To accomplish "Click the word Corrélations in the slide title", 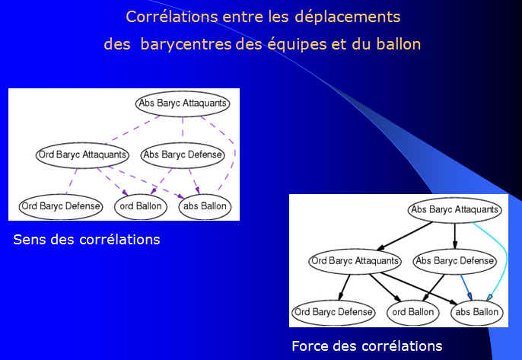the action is [x=171, y=17].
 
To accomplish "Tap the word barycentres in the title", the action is [x=186, y=44].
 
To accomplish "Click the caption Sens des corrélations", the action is [x=87, y=240].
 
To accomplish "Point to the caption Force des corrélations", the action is [x=367, y=346].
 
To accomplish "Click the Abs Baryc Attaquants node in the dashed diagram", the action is [x=183, y=104].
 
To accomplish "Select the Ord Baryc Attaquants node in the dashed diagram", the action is [x=82, y=155].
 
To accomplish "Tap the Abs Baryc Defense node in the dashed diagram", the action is [x=183, y=155].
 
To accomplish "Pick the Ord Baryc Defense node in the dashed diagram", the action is [x=61, y=206].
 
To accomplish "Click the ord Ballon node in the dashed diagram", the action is [x=141, y=206].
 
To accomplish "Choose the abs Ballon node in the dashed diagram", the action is [x=205, y=206].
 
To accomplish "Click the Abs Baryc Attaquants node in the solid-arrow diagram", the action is [x=455, y=210].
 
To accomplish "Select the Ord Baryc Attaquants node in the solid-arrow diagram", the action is [x=355, y=261].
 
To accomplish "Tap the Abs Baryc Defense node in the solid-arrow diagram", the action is [x=455, y=261].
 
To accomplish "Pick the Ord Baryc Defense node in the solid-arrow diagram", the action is [x=333, y=312].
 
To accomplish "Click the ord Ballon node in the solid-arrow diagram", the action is [x=413, y=312].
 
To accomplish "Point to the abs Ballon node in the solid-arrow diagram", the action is [x=476, y=312].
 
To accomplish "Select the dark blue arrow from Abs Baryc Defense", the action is [x=466, y=287].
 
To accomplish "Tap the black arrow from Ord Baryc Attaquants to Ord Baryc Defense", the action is [x=344, y=287].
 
